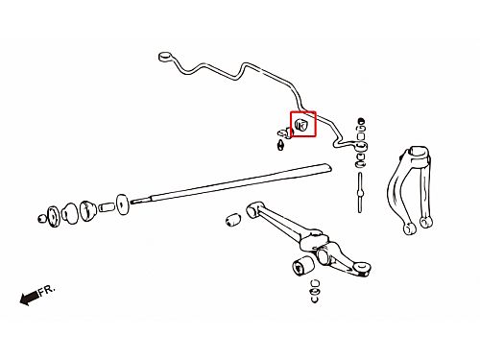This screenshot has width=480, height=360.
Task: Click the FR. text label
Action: point(47,291)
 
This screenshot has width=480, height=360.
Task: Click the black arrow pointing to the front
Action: point(30,298)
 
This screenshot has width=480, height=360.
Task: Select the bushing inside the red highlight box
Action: point(300,125)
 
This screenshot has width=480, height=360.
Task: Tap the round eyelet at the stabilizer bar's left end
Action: point(165,57)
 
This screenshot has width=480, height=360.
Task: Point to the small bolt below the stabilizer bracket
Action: point(280,145)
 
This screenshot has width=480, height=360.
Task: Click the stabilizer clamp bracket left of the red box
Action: point(285,132)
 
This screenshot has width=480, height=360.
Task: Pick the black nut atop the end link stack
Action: point(362,121)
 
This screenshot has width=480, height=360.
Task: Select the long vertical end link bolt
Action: point(360,192)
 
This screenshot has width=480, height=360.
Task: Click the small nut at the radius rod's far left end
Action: point(41,219)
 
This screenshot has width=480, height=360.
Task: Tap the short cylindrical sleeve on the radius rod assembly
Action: point(107,206)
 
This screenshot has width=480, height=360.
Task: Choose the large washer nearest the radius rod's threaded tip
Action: point(122,204)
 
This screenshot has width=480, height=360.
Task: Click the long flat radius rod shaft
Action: point(231,182)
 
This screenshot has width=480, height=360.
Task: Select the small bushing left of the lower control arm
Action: point(233,220)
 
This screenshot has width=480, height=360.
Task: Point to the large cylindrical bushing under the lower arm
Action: point(303,265)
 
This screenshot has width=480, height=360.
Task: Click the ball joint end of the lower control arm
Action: point(362,268)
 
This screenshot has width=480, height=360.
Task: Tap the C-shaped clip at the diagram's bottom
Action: point(314,300)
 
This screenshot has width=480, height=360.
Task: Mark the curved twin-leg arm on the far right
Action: point(410,189)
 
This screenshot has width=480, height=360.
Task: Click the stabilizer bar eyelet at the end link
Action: point(362,147)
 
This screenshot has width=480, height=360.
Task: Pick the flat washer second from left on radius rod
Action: point(53,217)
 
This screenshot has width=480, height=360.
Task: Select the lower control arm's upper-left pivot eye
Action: point(253,208)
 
